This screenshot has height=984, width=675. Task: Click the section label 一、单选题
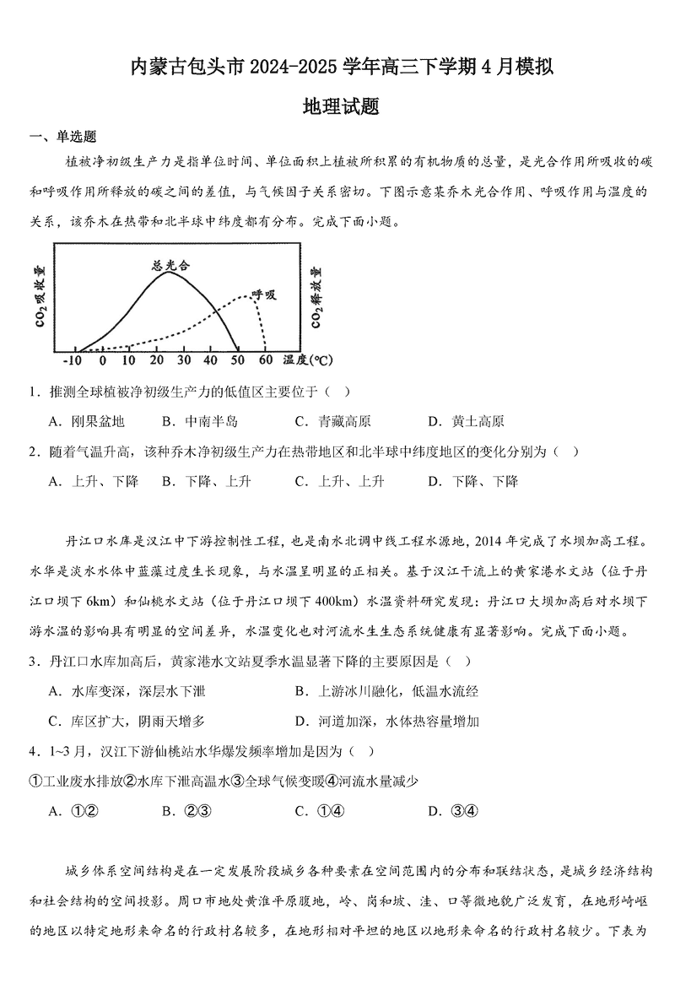point(63,138)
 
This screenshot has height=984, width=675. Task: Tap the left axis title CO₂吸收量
point(40,296)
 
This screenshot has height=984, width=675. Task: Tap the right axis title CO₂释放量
point(317,296)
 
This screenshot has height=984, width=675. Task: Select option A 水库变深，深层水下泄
point(127,692)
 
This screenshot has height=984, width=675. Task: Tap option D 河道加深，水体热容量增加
point(387,721)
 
